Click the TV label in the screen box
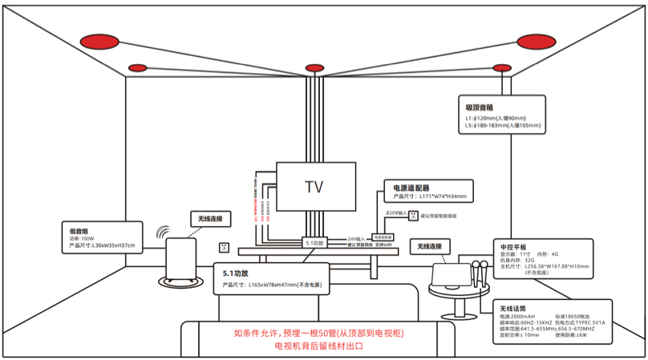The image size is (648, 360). click(x=314, y=188)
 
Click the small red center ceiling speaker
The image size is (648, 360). click(x=314, y=68)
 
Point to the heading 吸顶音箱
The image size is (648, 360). click(x=480, y=107)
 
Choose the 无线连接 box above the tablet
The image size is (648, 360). click(x=430, y=245)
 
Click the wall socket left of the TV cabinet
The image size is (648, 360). click(x=225, y=249)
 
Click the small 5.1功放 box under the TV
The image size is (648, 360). click(x=314, y=241)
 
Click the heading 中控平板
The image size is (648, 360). click(x=513, y=246)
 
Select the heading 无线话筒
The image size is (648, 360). click(x=513, y=309)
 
